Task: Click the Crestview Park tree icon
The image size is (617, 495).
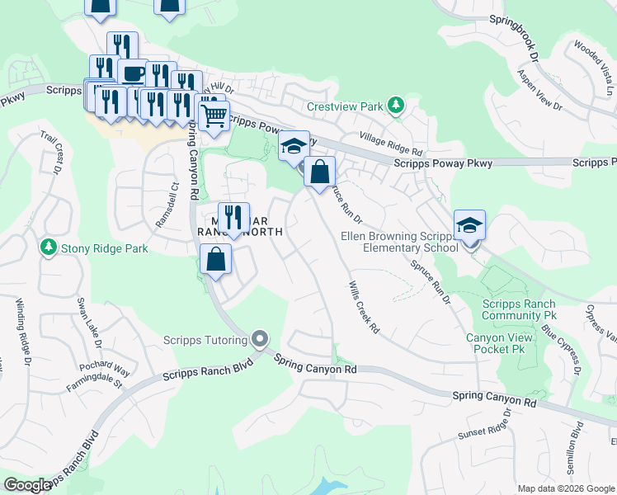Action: coord(397,106)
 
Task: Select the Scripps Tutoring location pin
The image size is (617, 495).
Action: coord(261,339)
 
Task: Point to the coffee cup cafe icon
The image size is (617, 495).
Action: coord(132,73)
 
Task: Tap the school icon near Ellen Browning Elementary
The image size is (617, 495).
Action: coord(469,225)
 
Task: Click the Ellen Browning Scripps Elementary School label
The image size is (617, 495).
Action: coord(399,242)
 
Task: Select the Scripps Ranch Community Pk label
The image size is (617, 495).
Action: coord(519,309)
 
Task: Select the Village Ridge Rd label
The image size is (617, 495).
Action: coord(390,146)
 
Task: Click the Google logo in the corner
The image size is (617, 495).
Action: coord(27,485)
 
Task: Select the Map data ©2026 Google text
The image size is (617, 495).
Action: coord(565,488)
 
